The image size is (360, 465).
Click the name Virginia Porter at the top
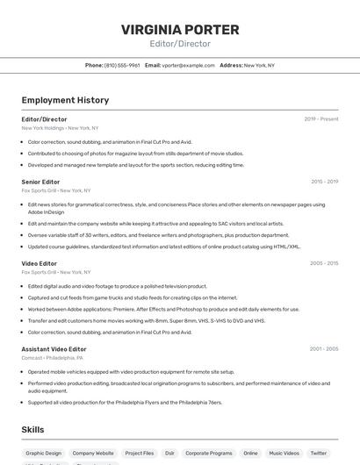tap(180, 29)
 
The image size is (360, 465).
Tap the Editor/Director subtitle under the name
tap(180, 43)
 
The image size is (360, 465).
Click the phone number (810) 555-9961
tap(122, 65)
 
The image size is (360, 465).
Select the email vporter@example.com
tap(187, 65)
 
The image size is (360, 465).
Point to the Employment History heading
tap(65, 100)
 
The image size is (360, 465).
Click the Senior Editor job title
tap(40, 182)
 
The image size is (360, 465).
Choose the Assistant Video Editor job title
tap(54, 349)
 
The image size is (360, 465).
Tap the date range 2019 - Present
tap(321, 119)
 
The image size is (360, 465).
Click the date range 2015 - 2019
tap(324, 182)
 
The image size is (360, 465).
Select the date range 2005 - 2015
tap(324, 263)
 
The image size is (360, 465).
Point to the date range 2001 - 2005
tap(324, 349)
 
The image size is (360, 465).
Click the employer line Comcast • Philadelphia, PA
tap(53, 358)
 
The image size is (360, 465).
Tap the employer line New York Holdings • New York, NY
tap(60, 128)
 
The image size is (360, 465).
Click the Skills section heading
tap(33, 429)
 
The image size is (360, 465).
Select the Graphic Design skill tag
tap(43, 454)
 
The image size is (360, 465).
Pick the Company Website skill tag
tap(93, 454)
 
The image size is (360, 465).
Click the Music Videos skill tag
tap(284, 454)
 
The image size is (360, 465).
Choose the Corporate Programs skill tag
tap(209, 454)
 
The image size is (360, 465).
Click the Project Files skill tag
tap(139, 454)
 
